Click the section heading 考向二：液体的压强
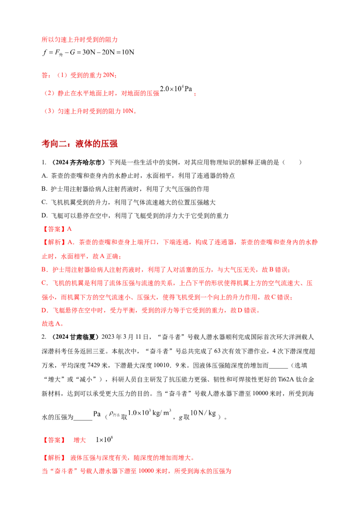80,143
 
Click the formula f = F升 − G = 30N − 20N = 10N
88,53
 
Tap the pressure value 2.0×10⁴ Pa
176,89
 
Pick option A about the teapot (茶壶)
138,176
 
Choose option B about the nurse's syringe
125,189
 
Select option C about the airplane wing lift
128,202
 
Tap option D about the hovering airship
135,215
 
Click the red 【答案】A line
57,229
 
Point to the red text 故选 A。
53,324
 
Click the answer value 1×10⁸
104,440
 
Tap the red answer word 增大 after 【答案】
80,440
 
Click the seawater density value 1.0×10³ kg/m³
149,413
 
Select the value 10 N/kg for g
203,413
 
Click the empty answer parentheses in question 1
292,162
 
